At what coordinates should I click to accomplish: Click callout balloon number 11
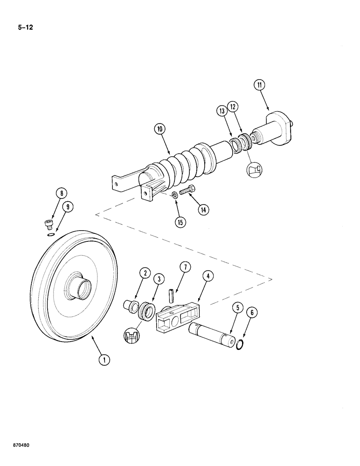tap(259, 85)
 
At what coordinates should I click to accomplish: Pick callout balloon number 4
tap(208, 276)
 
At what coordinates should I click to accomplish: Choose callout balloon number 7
tap(185, 267)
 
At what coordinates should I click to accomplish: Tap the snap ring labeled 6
tap(241, 345)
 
